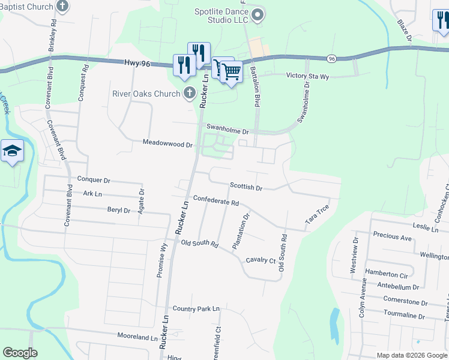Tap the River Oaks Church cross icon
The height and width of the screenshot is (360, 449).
(190, 93)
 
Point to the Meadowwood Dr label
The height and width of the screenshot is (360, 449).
(167, 144)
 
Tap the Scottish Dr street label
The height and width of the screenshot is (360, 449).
(246, 188)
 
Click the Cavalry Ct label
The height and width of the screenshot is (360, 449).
(261, 260)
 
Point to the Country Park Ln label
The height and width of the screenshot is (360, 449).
(196, 309)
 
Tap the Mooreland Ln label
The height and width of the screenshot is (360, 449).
(137, 337)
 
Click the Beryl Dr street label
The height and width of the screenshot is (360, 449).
(119, 210)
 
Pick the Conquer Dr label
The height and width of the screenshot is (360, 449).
(94, 179)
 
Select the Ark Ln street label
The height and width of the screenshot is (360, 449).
(93, 194)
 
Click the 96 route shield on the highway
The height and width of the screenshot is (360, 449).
(331, 59)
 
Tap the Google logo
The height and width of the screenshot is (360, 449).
(20, 352)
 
